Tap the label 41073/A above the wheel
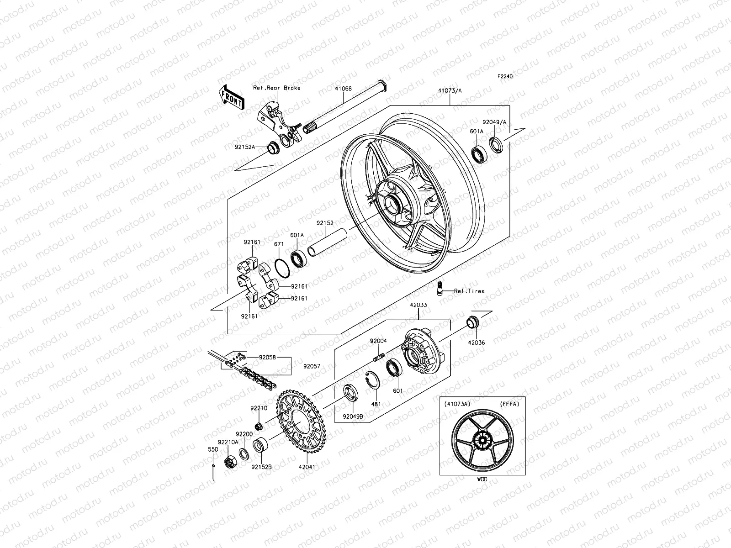pos(450,91)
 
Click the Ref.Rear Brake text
pos(283,88)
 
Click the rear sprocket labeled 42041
pos(297,420)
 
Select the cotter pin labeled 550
pos(213,470)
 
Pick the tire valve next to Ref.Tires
pos(440,288)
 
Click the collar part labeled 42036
pos(471,322)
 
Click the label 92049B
pos(354,416)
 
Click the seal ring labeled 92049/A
pos(496,144)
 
